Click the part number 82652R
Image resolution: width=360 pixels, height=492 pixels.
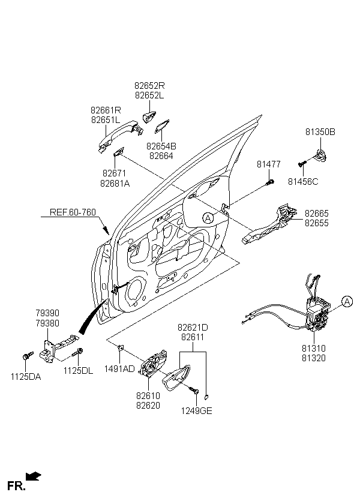point(149,86)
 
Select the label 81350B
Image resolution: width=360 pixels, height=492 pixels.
point(320,132)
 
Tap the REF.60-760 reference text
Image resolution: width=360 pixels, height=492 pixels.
point(73,212)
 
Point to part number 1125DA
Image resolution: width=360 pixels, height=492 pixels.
point(26,377)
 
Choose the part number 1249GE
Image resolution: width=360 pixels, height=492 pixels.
point(196,411)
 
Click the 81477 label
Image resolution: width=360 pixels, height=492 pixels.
point(269,164)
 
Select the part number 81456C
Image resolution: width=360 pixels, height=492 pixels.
point(303,182)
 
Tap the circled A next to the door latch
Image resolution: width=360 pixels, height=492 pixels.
point(347,302)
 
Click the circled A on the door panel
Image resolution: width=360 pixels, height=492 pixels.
point(208,218)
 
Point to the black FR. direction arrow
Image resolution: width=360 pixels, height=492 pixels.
point(34,476)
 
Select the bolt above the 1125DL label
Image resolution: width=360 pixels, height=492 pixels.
point(77,352)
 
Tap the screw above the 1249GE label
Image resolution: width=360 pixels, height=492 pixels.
point(194,390)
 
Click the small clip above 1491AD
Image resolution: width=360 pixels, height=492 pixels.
point(120,347)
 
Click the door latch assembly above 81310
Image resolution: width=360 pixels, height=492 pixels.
point(317,314)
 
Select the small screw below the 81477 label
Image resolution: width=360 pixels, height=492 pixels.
point(270,182)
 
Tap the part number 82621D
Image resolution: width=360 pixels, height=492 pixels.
point(193,328)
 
